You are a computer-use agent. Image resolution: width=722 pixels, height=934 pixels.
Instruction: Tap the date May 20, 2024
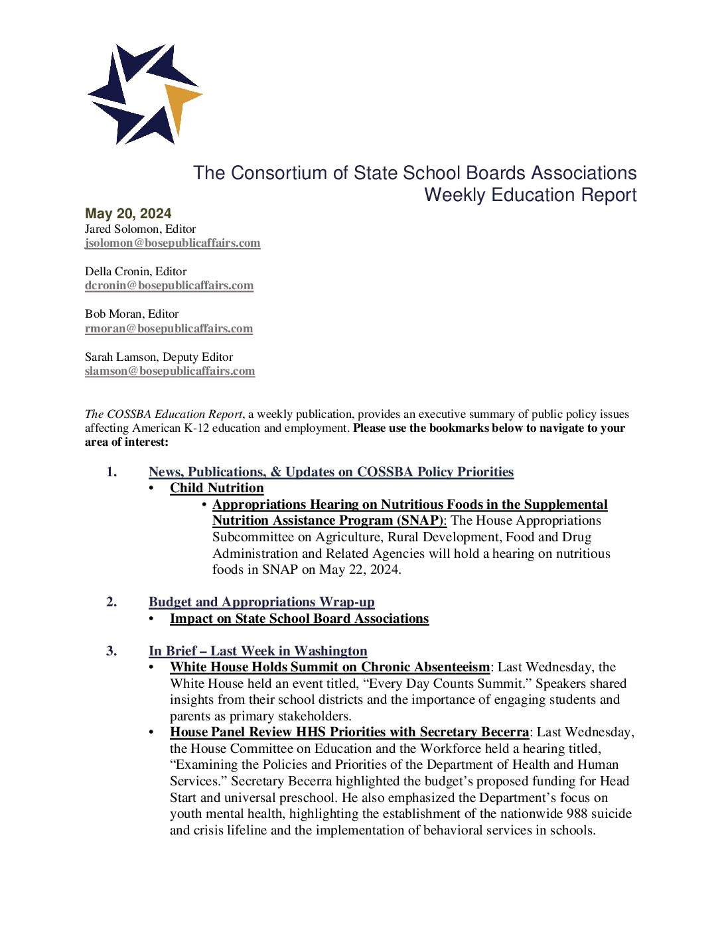click(x=128, y=214)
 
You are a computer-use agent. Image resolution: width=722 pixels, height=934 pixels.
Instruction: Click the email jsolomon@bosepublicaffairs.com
click(x=173, y=243)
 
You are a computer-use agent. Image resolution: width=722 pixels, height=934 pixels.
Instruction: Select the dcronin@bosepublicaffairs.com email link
click(x=169, y=285)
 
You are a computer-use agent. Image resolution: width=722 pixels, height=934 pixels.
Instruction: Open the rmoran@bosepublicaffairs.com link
click(x=169, y=328)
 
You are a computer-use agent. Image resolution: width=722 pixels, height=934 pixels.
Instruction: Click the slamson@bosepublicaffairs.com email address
click(x=170, y=371)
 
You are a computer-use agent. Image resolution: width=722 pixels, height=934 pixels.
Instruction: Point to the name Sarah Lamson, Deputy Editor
click(x=159, y=357)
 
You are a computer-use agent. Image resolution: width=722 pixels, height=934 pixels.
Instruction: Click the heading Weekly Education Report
click(x=530, y=195)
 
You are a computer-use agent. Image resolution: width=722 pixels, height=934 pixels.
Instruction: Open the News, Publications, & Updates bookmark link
click(x=330, y=472)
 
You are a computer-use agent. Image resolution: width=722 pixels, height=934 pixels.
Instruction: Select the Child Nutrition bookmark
click(x=216, y=488)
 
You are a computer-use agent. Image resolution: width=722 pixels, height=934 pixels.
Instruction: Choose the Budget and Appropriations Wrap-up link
click(x=261, y=602)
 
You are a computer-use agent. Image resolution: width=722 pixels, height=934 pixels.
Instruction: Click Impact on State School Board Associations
click(x=299, y=618)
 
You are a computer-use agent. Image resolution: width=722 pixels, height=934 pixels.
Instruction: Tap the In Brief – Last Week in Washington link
click(x=257, y=651)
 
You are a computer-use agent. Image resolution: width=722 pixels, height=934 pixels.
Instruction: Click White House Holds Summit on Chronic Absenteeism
click(x=330, y=667)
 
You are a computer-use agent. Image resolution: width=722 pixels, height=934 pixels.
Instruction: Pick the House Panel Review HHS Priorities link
click(x=349, y=732)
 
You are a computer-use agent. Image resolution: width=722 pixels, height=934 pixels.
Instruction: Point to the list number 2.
click(x=111, y=602)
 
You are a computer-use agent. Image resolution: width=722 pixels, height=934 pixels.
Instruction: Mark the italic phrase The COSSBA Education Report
click(x=163, y=414)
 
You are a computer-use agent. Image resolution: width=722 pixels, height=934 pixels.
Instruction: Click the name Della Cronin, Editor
click(x=135, y=271)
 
